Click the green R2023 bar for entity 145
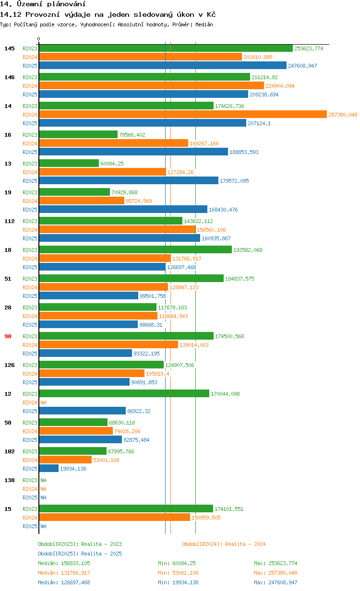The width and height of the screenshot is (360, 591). (166, 48)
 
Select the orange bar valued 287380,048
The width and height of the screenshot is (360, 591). (182, 115)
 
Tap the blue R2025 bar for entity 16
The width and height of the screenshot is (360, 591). (133, 152)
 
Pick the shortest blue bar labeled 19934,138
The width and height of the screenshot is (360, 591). (48, 469)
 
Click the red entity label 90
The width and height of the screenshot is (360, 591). (8, 336)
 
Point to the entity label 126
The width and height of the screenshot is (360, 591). (10, 365)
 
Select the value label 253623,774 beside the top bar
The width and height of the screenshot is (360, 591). (309, 48)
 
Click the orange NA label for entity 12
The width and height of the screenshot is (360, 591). (43, 402)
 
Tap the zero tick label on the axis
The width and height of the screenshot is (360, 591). (39, 39)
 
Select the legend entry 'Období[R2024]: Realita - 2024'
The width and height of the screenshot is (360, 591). (224, 544)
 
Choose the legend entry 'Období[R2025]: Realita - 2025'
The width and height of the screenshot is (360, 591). (80, 554)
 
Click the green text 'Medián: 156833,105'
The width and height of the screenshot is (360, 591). (64, 563)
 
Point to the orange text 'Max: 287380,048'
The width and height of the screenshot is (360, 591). (276, 573)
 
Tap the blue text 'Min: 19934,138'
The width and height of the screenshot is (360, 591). (178, 582)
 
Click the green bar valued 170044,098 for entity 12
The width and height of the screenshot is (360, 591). (124, 394)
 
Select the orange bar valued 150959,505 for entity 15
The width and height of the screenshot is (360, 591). (114, 518)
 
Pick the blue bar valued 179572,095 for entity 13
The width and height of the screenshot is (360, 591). (129, 181)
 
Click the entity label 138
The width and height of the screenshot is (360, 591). (10, 480)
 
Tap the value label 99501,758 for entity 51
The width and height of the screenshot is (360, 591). (153, 296)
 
